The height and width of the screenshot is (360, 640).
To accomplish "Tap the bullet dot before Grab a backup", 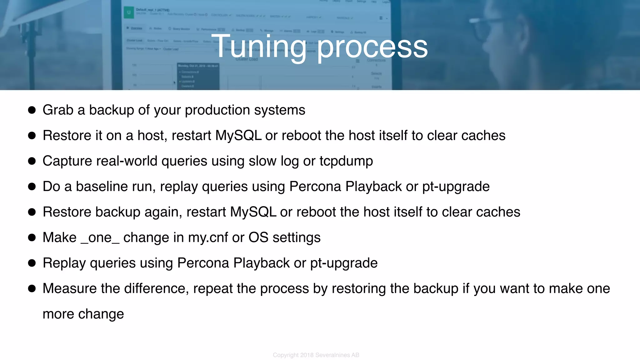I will click(32, 110).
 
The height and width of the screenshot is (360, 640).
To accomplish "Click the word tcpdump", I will click(346, 161).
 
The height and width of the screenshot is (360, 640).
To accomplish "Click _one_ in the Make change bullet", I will click(100, 238).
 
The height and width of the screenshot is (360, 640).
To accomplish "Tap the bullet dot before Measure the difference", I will click(32, 288).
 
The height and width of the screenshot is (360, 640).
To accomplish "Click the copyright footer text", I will click(316, 355).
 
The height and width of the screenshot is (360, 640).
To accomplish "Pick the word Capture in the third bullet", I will click(67, 161).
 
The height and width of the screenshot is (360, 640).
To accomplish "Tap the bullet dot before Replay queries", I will click(32, 263).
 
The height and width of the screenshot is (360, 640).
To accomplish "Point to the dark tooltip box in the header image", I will click(198, 77).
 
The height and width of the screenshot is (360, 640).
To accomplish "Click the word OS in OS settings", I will click(258, 237).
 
